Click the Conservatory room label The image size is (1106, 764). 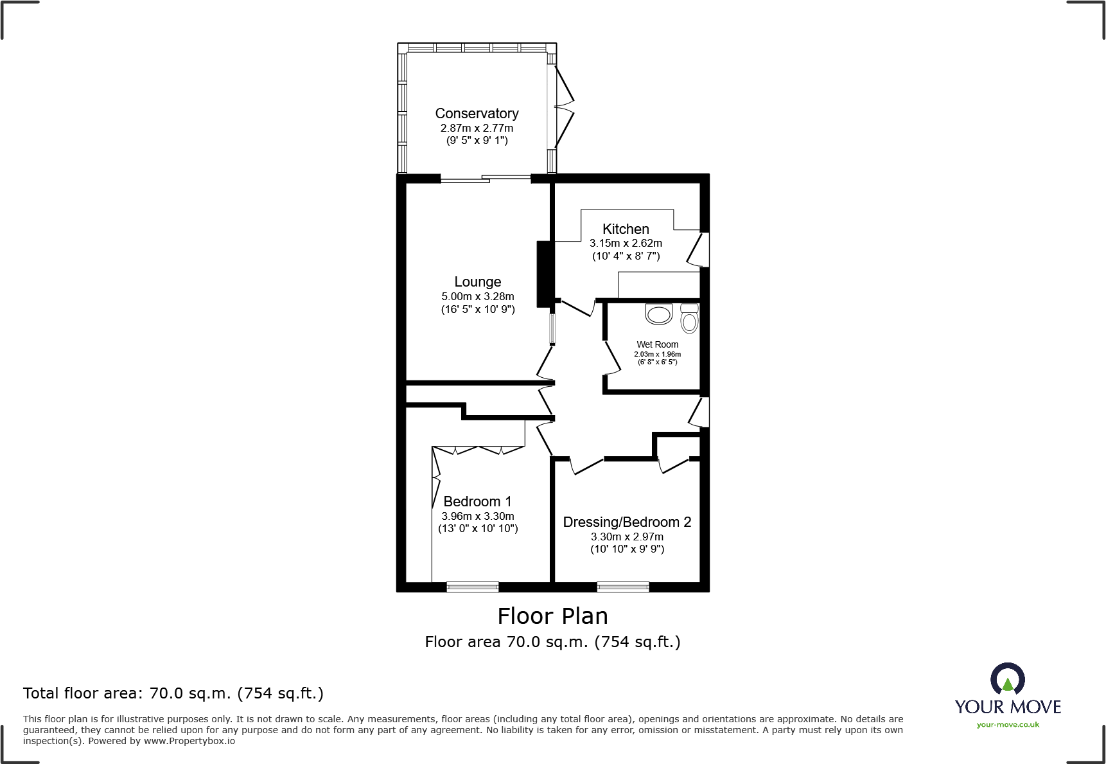(x=477, y=114)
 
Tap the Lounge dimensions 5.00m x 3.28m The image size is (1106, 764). (x=478, y=296)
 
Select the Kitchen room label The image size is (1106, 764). (x=626, y=229)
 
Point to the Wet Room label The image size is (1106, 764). (x=657, y=344)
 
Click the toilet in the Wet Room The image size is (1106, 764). (x=689, y=319)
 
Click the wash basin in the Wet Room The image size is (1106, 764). (x=659, y=314)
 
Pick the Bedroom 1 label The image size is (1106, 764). (x=477, y=502)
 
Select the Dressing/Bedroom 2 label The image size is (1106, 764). (x=627, y=522)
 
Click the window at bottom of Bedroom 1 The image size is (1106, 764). (x=473, y=586)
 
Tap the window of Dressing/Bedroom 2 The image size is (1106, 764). (x=623, y=586)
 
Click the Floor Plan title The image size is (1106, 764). (x=552, y=616)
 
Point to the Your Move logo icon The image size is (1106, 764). (x=1007, y=679)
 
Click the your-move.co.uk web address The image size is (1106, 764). (x=1008, y=725)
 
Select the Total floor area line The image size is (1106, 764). (x=173, y=693)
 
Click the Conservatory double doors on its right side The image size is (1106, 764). (x=564, y=107)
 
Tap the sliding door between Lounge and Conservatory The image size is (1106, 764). (x=485, y=179)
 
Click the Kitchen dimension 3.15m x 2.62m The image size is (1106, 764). (x=626, y=244)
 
